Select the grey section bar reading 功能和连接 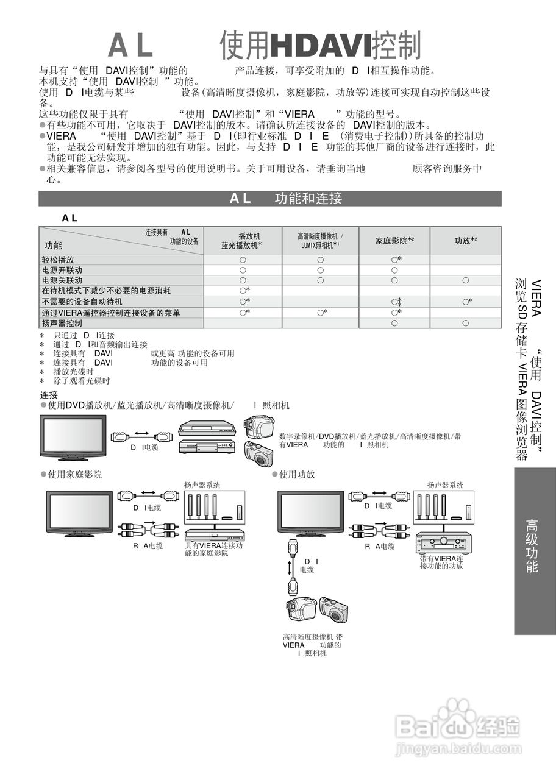270,198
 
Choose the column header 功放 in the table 465,241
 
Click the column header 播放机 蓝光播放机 242,241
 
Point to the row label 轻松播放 58,260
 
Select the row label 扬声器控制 62,323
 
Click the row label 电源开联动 62,270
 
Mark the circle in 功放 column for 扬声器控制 465,323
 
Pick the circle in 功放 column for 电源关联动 465,280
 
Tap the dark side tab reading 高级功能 532,545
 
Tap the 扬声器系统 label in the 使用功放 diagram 445,485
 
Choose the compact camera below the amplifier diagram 333,609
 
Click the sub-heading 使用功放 297,474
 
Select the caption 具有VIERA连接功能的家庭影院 213,550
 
